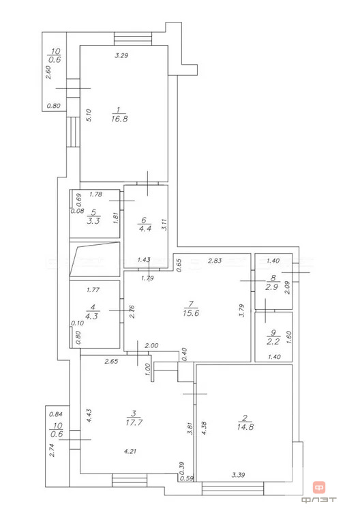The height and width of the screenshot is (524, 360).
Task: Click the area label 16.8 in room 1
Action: [x=119, y=119]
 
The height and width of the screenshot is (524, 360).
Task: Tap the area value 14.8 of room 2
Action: [x=245, y=426]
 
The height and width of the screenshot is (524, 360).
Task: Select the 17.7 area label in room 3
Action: [x=134, y=422]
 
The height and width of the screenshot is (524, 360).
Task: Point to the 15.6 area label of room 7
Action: [x=191, y=312]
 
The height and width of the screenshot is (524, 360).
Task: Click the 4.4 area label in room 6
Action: [x=145, y=229]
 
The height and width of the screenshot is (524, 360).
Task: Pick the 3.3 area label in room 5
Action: [x=93, y=220]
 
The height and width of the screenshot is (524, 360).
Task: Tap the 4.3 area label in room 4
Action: [x=91, y=316]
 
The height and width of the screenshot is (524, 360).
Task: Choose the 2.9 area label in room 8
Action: [x=272, y=287]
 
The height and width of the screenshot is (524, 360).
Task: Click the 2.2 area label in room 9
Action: [x=273, y=341]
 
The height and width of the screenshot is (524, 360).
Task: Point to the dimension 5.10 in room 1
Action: [x=89, y=115]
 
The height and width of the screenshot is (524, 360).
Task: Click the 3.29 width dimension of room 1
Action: [x=121, y=55]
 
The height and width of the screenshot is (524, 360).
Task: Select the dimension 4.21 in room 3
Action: [x=130, y=451]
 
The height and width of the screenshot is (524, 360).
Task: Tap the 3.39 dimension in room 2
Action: [x=238, y=475]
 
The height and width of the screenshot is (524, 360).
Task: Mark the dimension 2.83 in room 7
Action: [x=214, y=261]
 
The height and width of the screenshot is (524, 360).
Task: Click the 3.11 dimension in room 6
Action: [x=164, y=224]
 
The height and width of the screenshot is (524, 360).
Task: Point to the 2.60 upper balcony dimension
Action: [x=48, y=72]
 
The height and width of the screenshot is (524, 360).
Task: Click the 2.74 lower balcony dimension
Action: [x=51, y=450]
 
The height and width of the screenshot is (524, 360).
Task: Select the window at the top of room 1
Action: [x=133, y=38]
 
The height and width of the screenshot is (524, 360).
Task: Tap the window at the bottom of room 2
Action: [x=233, y=488]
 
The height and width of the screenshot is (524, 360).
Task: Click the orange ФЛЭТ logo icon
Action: [x=319, y=487]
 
